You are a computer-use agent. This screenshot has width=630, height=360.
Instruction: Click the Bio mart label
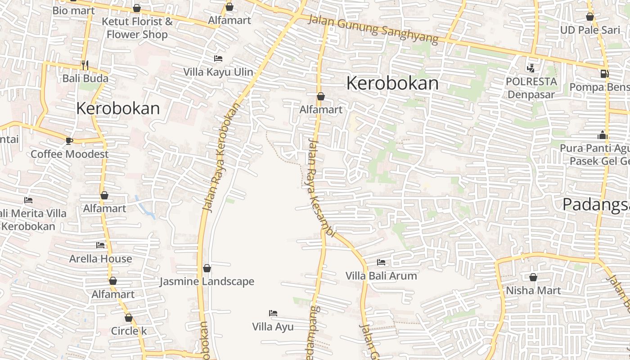pyautogui.click(x=74, y=10)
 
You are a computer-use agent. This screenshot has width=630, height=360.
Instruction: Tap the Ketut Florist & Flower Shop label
pyautogui.click(x=137, y=28)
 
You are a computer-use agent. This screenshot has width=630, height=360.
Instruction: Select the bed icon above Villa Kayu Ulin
pyautogui.click(x=218, y=58)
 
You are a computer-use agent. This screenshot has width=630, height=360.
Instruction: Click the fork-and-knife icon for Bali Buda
pyautogui.click(x=85, y=65)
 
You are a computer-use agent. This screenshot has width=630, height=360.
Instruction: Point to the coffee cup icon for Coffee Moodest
pyautogui.click(x=69, y=141)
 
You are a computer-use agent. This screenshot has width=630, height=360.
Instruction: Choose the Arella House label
pyautogui.click(x=100, y=259)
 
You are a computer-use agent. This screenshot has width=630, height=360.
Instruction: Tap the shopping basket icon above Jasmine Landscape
pyautogui.click(x=207, y=269)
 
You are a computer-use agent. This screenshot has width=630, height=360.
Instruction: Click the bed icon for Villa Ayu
pyautogui.click(x=273, y=313)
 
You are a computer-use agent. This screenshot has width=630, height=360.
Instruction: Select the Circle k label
pyautogui.click(x=129, y=331)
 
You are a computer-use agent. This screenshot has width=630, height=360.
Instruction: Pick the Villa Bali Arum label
pyautogui.click(x=381, y=275)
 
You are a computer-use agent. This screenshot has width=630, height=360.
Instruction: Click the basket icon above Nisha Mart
pyautogui.click(x=533, y=277)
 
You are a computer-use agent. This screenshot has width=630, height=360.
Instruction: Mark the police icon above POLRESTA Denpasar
pyautogui.click(x=531, y=68)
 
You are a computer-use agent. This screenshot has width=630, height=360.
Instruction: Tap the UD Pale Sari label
pyautogui.click(x=590, y=30)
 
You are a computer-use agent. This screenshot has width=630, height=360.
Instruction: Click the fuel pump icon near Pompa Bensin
pyautogui.click(x=604, y=73)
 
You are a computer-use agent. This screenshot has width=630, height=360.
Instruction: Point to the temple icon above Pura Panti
pyautogui.click(x=603, y=135)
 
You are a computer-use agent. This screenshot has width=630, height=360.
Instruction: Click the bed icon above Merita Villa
pyautogui.click(x=28, y=200)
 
